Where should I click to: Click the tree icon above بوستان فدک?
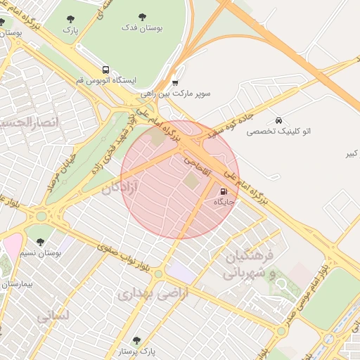(x=143, y=17)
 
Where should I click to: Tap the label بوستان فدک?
(x=143, y=29)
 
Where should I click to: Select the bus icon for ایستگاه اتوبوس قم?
(x=105, y=70)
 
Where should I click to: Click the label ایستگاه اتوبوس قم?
(x=105, y=81)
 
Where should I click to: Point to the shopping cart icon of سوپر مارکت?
(x=175, y=82)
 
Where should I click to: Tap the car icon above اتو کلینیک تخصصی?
(x=279, y=120)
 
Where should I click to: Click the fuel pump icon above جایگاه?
(x=224, y=191)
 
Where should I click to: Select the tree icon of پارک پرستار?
(x=136, y=340)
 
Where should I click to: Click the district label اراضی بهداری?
(x=153, y=295)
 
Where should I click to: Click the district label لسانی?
(x=53, y=316)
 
